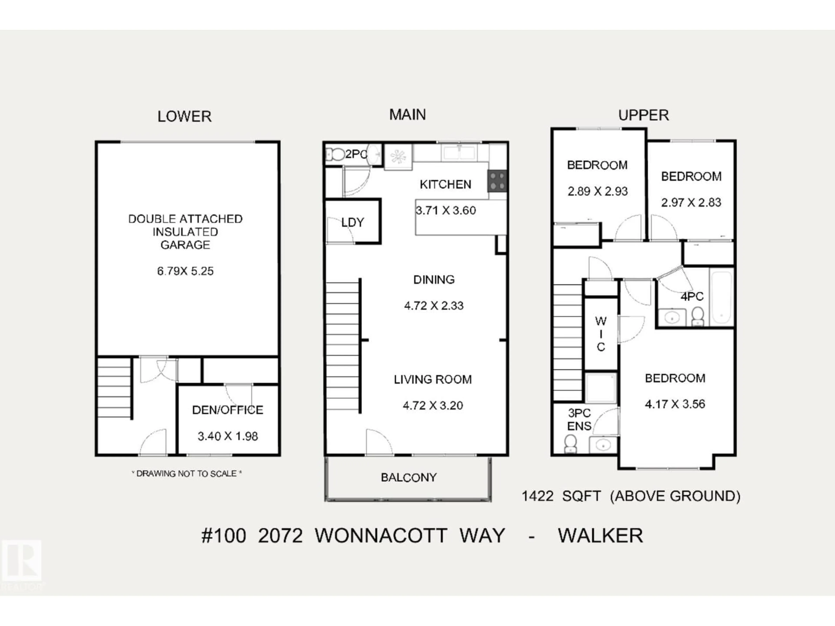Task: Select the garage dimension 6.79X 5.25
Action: [185, 271]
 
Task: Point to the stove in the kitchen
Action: [497, 181]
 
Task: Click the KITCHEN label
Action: [445, 185]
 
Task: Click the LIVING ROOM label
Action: [433, 379]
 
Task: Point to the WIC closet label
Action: [601, 334]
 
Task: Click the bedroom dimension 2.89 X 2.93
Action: [598, 191]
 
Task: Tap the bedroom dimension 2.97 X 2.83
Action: [691, 203]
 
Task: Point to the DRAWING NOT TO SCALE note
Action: [187, 474]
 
